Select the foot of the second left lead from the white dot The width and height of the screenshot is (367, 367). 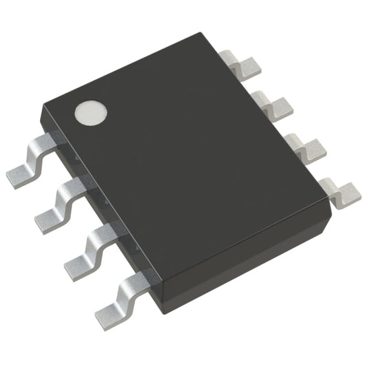[x=50, y=220]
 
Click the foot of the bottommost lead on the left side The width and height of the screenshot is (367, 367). [x=110, y=313]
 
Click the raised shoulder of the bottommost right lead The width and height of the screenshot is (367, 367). [x=328, y=181]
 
